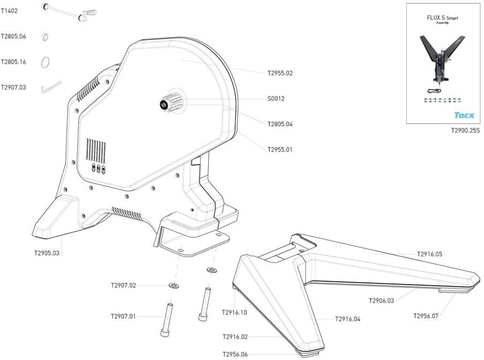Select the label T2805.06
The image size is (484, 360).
pyautogui.click(x=13, y=36)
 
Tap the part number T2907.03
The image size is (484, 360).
pyautogui.click(x=13, y=87)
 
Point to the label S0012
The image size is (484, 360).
pyautogui.click(x=276, y=99)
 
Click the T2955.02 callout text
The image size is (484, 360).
pyautogui.click(x=280, y=73)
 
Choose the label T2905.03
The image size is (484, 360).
pyautogui.click(x=47, y=252)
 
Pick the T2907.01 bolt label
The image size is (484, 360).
pyautogui.click(x=123, y=317)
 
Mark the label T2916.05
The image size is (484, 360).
pyautogui.click(x=429, y=254)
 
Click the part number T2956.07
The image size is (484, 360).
pyautogui.click(x=426, y=316)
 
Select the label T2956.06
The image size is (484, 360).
pyautogui.click(x=235, y=354)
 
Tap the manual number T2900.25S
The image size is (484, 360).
pyautogui.click(x=465, y=130)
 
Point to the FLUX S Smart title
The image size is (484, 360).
pyautogui.click(x=442, y=18)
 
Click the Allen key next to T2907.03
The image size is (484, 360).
pyautogui.click(x=51, y=86)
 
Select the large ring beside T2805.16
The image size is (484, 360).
pyautogui.click(x=47, y=62)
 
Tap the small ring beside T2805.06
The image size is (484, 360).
pyautogui.click(x=46, y=37)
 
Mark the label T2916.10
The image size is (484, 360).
pyautogui.click(x=234, y=312)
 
